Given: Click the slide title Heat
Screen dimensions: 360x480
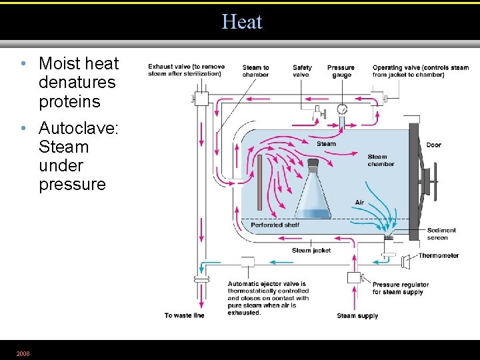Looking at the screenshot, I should coord(242,22).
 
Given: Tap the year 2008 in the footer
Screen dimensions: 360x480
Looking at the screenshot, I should coord(23,353).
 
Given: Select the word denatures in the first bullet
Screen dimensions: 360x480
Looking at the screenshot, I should coord(77,83).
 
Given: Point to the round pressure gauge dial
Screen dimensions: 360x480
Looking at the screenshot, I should coord(342,109).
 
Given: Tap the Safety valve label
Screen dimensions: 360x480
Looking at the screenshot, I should coord(302,71).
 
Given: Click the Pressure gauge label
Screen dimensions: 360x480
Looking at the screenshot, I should coord(341,71).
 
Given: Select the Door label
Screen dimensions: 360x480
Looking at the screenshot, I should coord(433,145).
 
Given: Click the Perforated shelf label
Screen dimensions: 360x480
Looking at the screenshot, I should coord(275,225).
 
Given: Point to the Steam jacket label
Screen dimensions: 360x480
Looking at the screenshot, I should coord(311,251).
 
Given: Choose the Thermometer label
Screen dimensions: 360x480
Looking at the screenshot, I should coord(438,255).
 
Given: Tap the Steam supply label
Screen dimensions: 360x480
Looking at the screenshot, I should coord(357,315).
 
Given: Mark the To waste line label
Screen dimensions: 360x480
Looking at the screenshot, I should coord(184,315).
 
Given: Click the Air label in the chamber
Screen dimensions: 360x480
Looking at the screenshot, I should coord(359,203).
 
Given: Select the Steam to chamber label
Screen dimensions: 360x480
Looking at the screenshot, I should coord(256,71).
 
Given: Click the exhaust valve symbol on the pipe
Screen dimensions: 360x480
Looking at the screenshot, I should coord(201,99).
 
